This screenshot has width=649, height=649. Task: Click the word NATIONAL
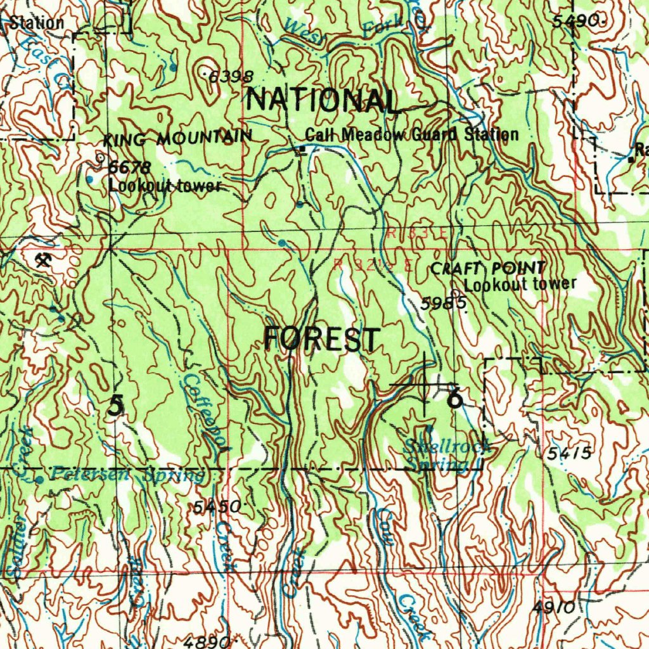pyautogui.click(x=323, y=101)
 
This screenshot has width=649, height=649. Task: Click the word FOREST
pyautogui.click(x=322, y=339)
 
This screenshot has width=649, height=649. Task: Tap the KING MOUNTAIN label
pyautogui.click(x=178, y=138)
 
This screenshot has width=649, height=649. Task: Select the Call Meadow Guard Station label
pyautogui.click(x=412, y=134)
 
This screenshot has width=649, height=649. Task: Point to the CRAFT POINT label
pyautogui.click(x=487, y=269)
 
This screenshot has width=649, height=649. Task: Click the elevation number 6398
pyautogui.click(x=231, y=77)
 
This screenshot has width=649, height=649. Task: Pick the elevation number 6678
pyautogui.click(x=129, y=168)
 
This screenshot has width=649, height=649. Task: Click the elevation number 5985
pyautogui.click(x=444, y=304)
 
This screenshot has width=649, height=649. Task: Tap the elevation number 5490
pyautogui.click(x=575, y=21)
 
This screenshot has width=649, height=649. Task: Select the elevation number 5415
pyautogui.click(x=569, y=453)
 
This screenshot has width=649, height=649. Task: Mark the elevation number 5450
pyautogui.click(x=217, y=506)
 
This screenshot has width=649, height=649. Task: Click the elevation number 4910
pyautogui.click(x=553, y=608)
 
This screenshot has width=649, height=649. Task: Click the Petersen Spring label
pyautogui.click(x=127, y=475)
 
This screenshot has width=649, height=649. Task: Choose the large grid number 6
pyautogui.click(x=454, y=399)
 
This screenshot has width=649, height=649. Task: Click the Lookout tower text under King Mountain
pyautogui.click(x=164, y=186)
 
